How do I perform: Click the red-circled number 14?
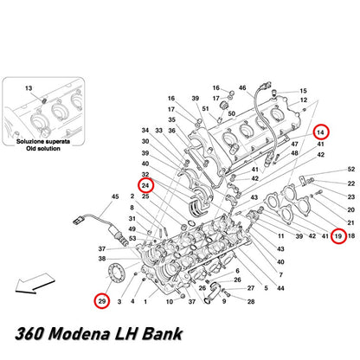tap(321, 132)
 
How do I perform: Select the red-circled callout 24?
tap(145, 185)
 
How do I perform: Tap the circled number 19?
tap(338, 236)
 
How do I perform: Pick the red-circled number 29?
tap(102, 301)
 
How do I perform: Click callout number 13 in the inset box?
tap(29, 88)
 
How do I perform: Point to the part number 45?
tap(115, 196)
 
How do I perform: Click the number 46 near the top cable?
tap(242, 87)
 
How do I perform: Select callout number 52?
tap(351, 169)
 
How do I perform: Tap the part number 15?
tap(303, 91)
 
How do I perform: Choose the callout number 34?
tap(145, 131)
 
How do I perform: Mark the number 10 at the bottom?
tap(170, 302)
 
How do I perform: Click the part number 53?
tap(132, 239)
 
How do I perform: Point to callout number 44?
tap(280, 288)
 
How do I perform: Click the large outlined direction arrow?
tap(35, 284)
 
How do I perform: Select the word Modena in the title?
tap(79, 334)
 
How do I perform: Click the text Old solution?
tap(43, 149)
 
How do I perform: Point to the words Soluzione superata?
tap(43, 142)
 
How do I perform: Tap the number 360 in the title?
tap(29, 334)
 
